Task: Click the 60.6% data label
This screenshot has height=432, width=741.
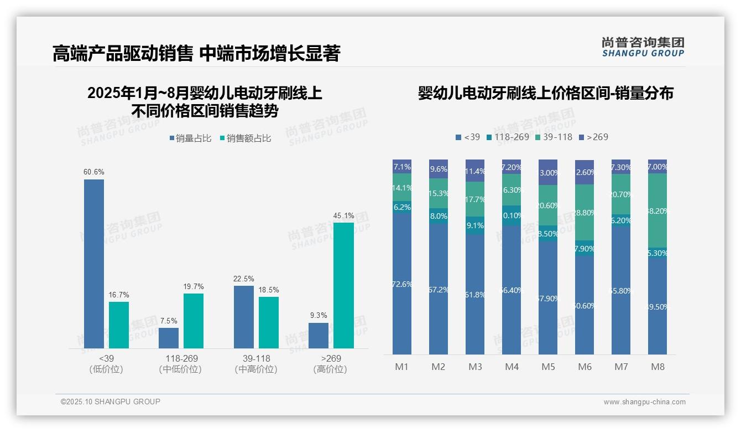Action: click(x=94, y=172)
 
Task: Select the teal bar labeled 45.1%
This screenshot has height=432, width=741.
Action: click(x=343, y=285)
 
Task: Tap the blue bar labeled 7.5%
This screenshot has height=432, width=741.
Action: click(x=169, y=338)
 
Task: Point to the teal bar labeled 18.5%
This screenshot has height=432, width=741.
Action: click(x=269, y=322)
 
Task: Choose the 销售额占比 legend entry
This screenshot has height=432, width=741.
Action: click(x=246, y=138)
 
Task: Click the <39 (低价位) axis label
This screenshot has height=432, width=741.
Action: click(x=106, y=364)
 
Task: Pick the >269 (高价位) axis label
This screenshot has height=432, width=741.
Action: click(x=330, y=364)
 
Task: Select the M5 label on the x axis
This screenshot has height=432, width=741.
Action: click(x=548, y=367)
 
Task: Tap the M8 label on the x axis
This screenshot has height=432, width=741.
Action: click(x=657, y=367)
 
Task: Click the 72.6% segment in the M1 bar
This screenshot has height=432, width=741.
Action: click(x=402, y=284)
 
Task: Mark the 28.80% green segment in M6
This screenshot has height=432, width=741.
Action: click(x=585, y=213)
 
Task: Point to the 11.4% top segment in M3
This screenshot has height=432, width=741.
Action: click(x=475, y=171)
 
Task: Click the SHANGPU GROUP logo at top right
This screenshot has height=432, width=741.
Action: click(x=643, y=47)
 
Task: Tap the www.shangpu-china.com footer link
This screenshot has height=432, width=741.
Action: click(x=644, y=402)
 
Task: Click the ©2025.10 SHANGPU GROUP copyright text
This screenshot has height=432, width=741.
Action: click(x=111, y=402)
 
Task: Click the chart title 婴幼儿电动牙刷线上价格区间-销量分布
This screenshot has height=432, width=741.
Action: click(x=545, y=94)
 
